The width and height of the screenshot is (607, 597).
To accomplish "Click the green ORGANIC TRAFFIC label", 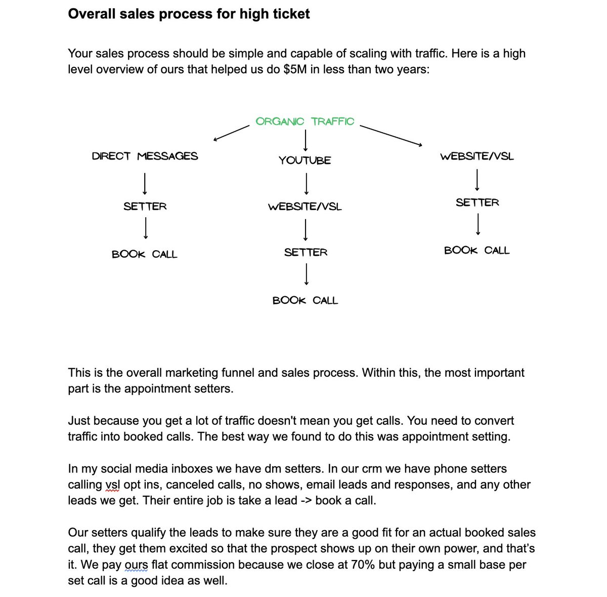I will pyautogui.click(x=305, y=122).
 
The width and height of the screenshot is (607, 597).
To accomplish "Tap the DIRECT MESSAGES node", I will pyautogui.click(x=145, y=156).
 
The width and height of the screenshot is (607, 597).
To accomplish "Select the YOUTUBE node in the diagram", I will pyautogui.click(x=305, y=161).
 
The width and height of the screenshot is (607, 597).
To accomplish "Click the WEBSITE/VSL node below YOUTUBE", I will pyautogui.click(x=305, y=207).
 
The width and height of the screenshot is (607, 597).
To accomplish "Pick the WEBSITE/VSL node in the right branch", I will pyautogui.click(x=476, y=156).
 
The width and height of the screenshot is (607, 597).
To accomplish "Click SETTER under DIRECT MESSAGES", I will pyautogui.click(x=145, y=207).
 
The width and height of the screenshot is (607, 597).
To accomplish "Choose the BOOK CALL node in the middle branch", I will pyautogui.click(x=305, y=301).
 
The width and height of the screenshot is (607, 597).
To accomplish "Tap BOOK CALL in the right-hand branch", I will pyautogui.click(x=476, y=251).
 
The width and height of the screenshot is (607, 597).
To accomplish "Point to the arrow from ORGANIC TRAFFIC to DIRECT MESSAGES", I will pyautogui.click(x=232, y=134).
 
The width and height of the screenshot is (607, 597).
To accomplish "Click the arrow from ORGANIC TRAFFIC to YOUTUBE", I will pyautogui.click(x=306, y=140).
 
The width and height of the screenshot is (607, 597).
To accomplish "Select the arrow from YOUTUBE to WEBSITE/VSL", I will pyautogui.click(x=307, y=184).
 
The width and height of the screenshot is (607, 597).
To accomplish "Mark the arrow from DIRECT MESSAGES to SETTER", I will pyautogui.click(x=145, y=183).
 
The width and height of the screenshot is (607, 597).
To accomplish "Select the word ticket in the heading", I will pyautogui.click(x=291, y=14).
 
